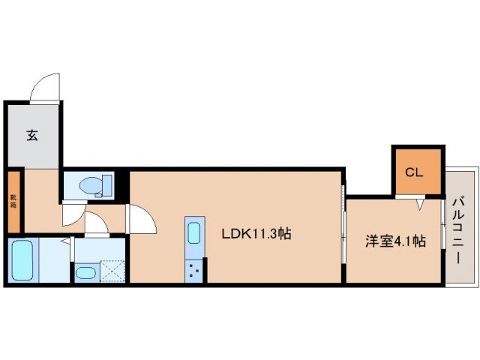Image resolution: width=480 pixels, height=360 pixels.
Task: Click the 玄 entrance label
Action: coord(33,136)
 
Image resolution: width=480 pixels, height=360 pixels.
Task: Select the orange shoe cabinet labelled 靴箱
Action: coord(14,201)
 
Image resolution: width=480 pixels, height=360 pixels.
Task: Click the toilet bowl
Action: coord(91,184)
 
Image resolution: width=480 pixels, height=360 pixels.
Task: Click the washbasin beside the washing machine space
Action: coord(86,272)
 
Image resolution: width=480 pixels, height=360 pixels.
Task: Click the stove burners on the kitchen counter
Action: coord(194,269)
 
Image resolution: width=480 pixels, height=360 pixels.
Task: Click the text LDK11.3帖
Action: coord(255,234)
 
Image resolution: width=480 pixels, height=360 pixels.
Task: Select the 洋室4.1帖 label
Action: coord(395,241)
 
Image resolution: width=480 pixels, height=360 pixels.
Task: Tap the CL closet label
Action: coord(415,172)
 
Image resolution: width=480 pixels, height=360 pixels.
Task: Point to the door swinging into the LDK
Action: coord(142,220)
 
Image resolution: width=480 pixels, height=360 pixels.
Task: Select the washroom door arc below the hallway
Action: coord(96,224)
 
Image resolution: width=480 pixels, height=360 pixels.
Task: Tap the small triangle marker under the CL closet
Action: coord(421,202)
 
